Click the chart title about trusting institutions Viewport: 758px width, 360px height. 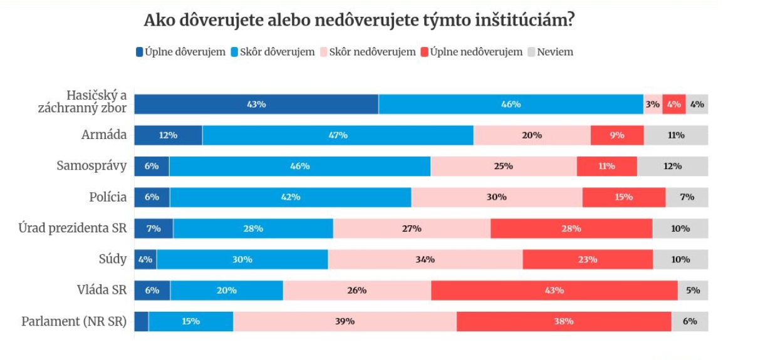pyautogui.click(x=359, y=20)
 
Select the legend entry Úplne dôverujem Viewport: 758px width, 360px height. pyautogui.click(x=180, y=52)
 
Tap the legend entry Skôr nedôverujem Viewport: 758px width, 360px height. pyautogui.click(x=368, y=52)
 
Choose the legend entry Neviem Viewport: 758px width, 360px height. pyautogui.click(x=551, y=52)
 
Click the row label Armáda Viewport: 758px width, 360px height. pyautogui.click(x=104, y=135)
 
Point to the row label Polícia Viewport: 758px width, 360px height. pyautogui.click(x=108, y=197)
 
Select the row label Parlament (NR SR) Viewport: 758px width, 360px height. pyautogui.click(x=74, y=322)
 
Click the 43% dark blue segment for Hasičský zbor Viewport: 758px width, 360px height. pyautogui.click(x=256, y=104)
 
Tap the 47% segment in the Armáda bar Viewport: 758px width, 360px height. pyautogui.click(x=338, y=135)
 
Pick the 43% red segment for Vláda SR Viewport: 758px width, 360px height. pyautogui.click(x=554, y=291)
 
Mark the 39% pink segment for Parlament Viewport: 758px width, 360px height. pyautogui.click(x=345, y=321)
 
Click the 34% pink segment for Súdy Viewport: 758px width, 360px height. pyautogui.click(x=425, y=259)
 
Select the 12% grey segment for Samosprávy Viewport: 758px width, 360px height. pyautogui.click(x=672, y=167)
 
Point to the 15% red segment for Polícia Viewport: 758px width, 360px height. pyautogui.click(x=623, y=197)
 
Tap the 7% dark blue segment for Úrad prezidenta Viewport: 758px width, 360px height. pyautogui.click(x=153, y=229)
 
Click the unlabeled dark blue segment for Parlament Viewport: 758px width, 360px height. pyautogui.click(x=141, y=321)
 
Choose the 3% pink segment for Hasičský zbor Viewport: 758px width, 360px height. pyautogui.click(x=652, y=104)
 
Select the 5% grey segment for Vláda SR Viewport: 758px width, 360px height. pyautogui.click(x=693, y=291)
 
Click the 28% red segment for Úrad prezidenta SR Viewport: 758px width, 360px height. pyautogui.click(x=571, y=229)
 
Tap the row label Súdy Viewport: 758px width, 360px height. pyautogui.click(x=113, y=259)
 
